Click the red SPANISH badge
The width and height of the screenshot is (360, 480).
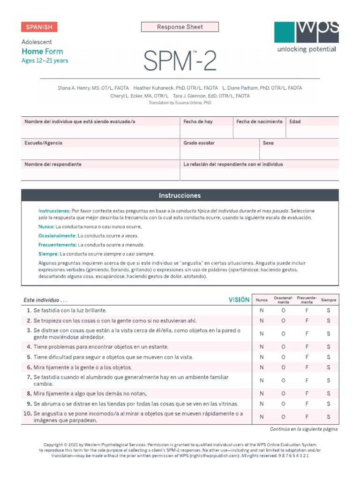[39, 27]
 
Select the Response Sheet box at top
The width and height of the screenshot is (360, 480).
[180, 27]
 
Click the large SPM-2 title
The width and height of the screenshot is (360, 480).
[180, 61]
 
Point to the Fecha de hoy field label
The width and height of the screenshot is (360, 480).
[198, 122]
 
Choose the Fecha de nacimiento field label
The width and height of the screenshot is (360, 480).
[259, 122]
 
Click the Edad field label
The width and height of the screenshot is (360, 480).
[295, 122]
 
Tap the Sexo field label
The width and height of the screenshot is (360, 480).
[268, 143]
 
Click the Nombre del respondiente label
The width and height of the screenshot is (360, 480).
[53, 165]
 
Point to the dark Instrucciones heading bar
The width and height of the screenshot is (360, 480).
[180, 195]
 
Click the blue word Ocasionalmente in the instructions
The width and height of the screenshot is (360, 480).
[57, 236]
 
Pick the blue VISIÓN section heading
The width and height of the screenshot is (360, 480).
[239, 300]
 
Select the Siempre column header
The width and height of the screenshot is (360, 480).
[329, 300]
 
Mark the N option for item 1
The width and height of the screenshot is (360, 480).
[262, 310]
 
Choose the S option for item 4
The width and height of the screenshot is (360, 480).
[329, 347]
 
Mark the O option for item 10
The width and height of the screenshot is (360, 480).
[284, 417]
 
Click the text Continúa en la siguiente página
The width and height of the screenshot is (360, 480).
[304, 429]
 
